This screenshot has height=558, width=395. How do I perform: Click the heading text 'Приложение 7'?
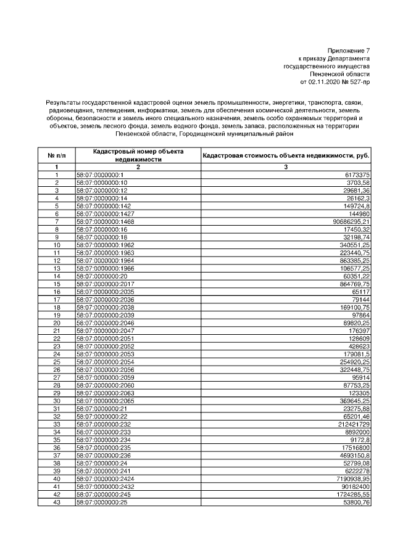pos(349,50)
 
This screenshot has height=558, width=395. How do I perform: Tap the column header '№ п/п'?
pos(56,155)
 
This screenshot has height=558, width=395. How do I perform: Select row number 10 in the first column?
pos(56,245)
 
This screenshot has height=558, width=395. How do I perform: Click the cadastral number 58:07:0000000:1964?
pos(105,260)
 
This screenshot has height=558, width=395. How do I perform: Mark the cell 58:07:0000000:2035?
pos(105,291)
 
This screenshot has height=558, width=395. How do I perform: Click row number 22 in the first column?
pos(56,338)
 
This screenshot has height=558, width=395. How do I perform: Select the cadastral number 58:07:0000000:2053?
pos(105,354)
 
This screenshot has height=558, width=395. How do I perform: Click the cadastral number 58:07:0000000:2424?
pos(105,478)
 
